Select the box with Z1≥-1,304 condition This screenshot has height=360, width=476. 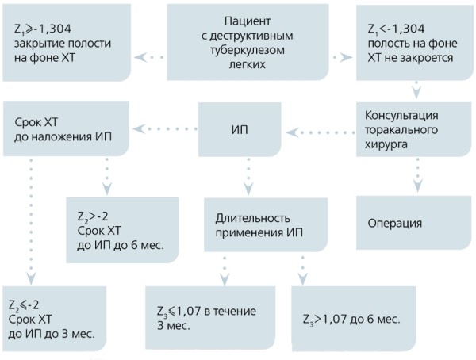point(67,40)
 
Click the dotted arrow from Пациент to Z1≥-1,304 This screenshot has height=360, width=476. point(148,57)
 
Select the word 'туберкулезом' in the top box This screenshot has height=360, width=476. point(252,51)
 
